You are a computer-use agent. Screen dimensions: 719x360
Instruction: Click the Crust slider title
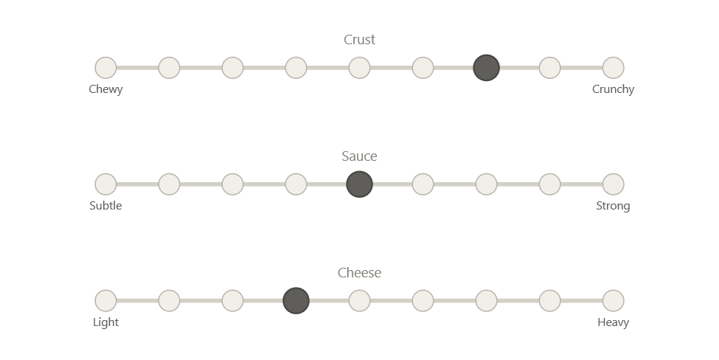pyautogui.click(x=360, y=40)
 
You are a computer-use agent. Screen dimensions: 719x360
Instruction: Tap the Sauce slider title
pyautogui.click(x=360, y=156)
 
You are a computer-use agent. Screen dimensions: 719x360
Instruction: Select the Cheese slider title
pyautogui.click(x=360, y=273)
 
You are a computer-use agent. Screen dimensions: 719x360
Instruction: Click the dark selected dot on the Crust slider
pyautogui.click(x=486, y=68)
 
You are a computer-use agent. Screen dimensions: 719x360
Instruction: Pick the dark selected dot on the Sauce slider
pyautogui.click(x=359, y=184)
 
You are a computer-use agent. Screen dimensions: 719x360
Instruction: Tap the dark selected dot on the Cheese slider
pyautogui.click(x=296, y=301)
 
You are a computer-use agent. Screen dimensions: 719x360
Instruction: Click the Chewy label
pyautogui.click(x=105, y=89)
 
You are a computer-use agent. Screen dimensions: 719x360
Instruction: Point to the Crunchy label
pyautogui.click(x=613, y=89)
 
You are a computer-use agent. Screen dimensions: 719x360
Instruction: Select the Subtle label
pyautogui.click(x=105, y=206)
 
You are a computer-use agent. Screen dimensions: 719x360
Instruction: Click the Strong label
pyautogui.click(x=613, y=206)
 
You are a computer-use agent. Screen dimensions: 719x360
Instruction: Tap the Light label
pyautogui.click(x=105, y=322)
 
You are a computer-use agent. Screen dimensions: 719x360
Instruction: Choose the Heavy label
pyautogui.click(x=613, y=322)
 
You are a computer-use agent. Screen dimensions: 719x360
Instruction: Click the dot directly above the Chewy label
pyautogui.click(x=105, y=68)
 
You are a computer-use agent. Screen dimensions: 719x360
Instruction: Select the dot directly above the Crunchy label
pyautogui.click(x=613, y=68)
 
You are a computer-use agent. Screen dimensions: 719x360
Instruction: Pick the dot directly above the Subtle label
pyautogui.click(x=105, y=184)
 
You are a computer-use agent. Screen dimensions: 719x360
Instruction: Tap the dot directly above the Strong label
pyautogui.click(x=613, y=184)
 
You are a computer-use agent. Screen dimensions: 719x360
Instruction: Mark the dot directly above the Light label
pyautogui.click(x=105, y=301)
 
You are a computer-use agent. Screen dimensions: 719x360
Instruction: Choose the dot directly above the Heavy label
pyautogui.click(x=613, y=301)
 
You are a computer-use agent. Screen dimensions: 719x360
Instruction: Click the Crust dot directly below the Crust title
pyautogui.click(x=359, y=68)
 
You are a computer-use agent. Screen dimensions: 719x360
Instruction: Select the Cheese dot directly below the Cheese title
pyautogui.click(x=359, y=301)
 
